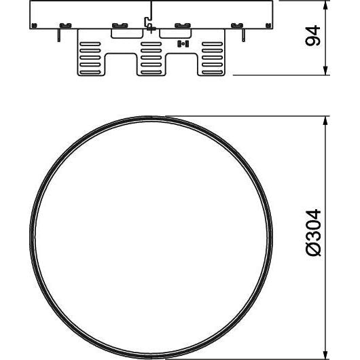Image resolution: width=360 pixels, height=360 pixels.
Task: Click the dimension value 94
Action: point(312,35)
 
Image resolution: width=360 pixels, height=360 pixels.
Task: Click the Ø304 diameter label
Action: point(312,232)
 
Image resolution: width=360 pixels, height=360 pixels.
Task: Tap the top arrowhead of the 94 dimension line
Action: point(325,5)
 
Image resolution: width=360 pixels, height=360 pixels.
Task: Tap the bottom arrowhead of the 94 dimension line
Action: point(325,70)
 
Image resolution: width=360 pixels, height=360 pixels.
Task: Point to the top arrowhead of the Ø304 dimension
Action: point(325,121)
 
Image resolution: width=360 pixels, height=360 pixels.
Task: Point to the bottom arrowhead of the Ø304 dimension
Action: point(325,355)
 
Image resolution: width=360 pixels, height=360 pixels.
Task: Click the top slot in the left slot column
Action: point(90,44)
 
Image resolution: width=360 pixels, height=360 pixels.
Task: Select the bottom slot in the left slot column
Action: point(90,72)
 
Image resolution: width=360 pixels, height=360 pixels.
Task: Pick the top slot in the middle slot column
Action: point(151,44)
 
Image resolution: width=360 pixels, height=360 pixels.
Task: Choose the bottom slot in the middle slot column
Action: point(151,72)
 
